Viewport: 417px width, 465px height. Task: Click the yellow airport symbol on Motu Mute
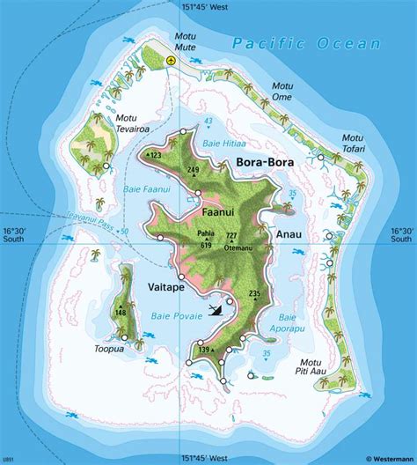click(x=171, y=61)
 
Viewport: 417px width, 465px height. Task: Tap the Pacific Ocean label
click(x=308, y=43)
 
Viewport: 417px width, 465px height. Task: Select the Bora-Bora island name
click(x=264, y=163)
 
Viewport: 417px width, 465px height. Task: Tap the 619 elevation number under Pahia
click(x=205, y=245)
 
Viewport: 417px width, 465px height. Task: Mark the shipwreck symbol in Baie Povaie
click(x=216, y=309)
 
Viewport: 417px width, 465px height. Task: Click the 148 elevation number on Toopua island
click(x=121, y=313)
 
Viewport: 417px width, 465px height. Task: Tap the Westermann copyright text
click(x=381, y=459)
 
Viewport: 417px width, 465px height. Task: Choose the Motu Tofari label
click(x=353, y=143)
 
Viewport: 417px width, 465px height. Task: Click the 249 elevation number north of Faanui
click(x=194, y=170)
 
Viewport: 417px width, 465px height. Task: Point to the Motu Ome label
click(x=282, y=91)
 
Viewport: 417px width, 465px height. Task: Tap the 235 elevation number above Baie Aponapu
click(x=255, y=293)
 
